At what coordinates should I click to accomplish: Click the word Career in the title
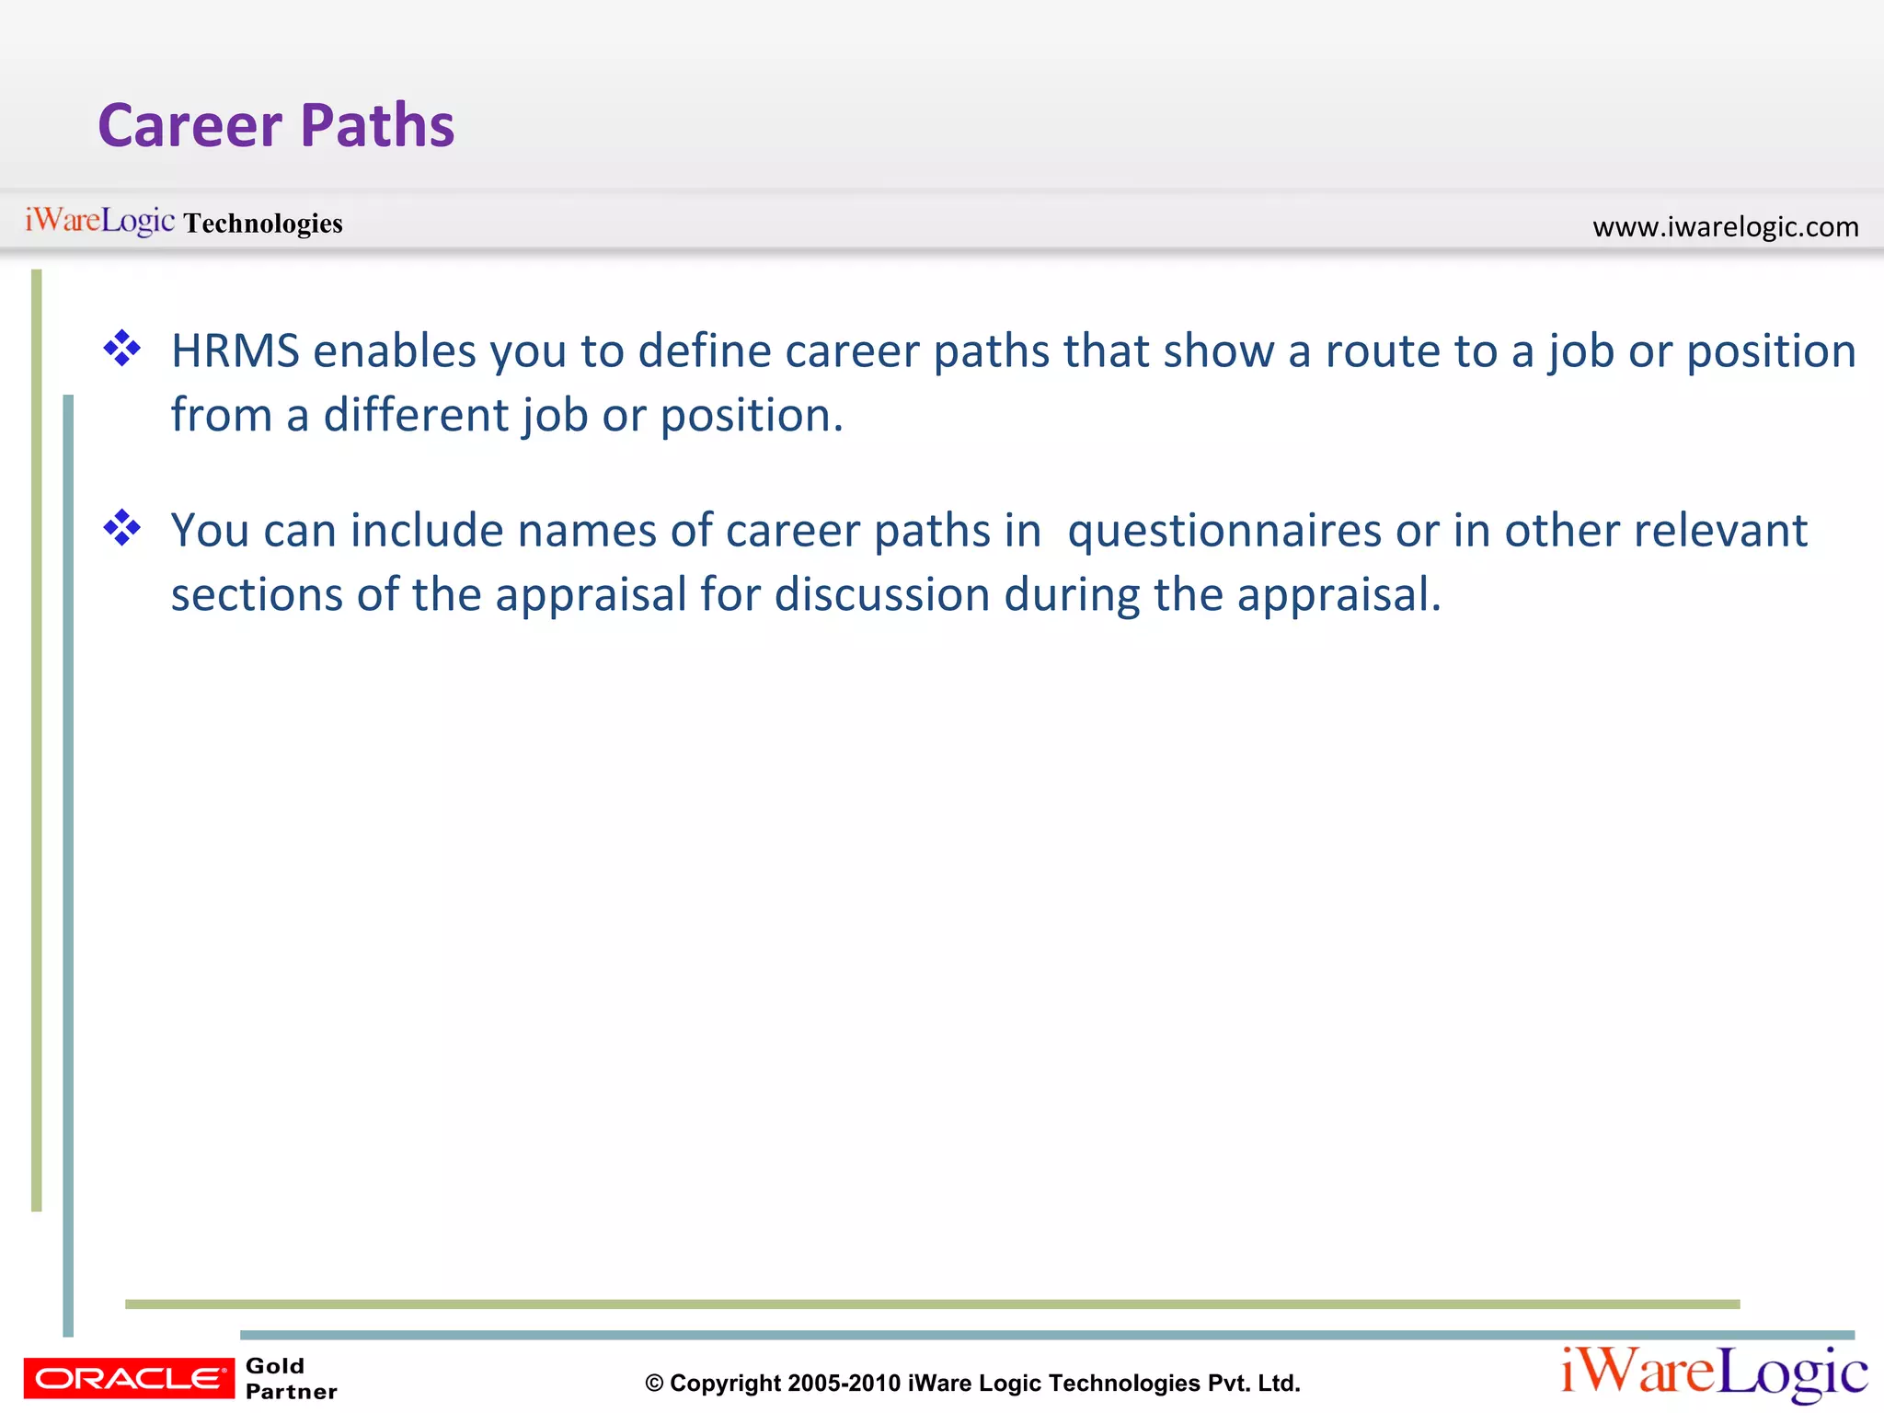tap(190, 126)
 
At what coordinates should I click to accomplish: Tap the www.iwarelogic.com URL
tap(1725, 226)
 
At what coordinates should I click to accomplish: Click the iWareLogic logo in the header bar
tap(99, 221)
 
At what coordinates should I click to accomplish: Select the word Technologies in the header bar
tap(263, 224)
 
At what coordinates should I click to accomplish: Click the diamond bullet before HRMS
tap(122, 349)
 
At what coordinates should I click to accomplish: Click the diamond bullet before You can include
tap(122, 528)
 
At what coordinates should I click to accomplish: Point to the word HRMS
tap(235, 351)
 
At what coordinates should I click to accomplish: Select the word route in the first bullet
tap(1383, 351)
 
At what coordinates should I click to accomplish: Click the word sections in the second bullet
tap(257, 595)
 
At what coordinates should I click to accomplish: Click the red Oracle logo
tap(128, 1378)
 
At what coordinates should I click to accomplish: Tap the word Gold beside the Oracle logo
tap(274, 1366)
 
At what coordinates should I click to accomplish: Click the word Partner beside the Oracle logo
tap(291, 1392)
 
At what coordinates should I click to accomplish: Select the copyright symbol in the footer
tap(654, 1384)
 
